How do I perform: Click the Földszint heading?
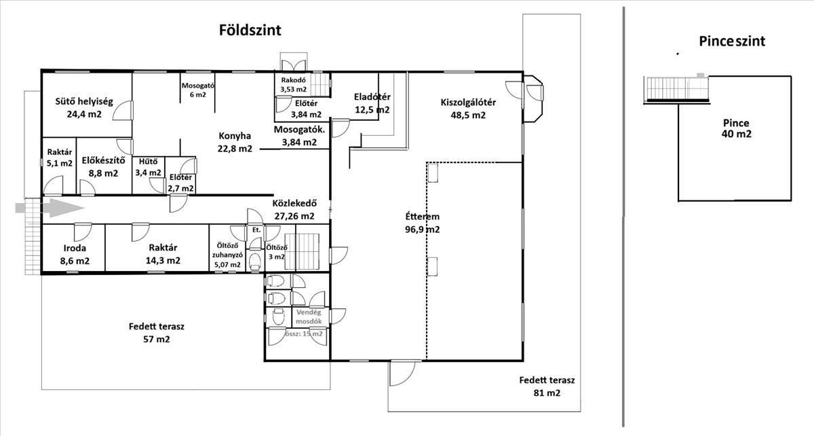(x=250, y=30)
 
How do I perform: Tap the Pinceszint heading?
(x=732, y=41)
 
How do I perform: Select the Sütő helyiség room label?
(x=84, y=102)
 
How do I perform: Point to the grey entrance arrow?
(x=50, y=208)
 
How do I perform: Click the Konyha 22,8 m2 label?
(x=235, y=143)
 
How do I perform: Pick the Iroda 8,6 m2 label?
(x=75, y=255)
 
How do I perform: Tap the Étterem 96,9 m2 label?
(x=422, y=223)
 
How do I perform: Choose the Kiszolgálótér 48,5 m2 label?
(x=468, y=109)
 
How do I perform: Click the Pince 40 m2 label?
(x=736, y=128)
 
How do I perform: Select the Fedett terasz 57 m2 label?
(x=157, y=333)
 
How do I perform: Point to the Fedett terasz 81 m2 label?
(x=547, y=386)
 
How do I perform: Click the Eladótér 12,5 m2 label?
(x=372, y=103)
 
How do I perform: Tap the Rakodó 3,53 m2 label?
(x=293, y=85)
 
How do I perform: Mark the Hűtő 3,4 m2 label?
(x=149, y=167)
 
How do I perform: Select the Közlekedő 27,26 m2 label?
(x=294, y=210)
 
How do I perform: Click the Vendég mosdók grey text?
(x=309, y=317)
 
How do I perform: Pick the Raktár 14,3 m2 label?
(x=163, y=254)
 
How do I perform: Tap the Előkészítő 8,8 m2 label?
(x=104, y=166)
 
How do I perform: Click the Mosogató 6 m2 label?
(x=198, y=90)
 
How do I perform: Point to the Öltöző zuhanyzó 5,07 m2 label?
(x=227, y=255)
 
